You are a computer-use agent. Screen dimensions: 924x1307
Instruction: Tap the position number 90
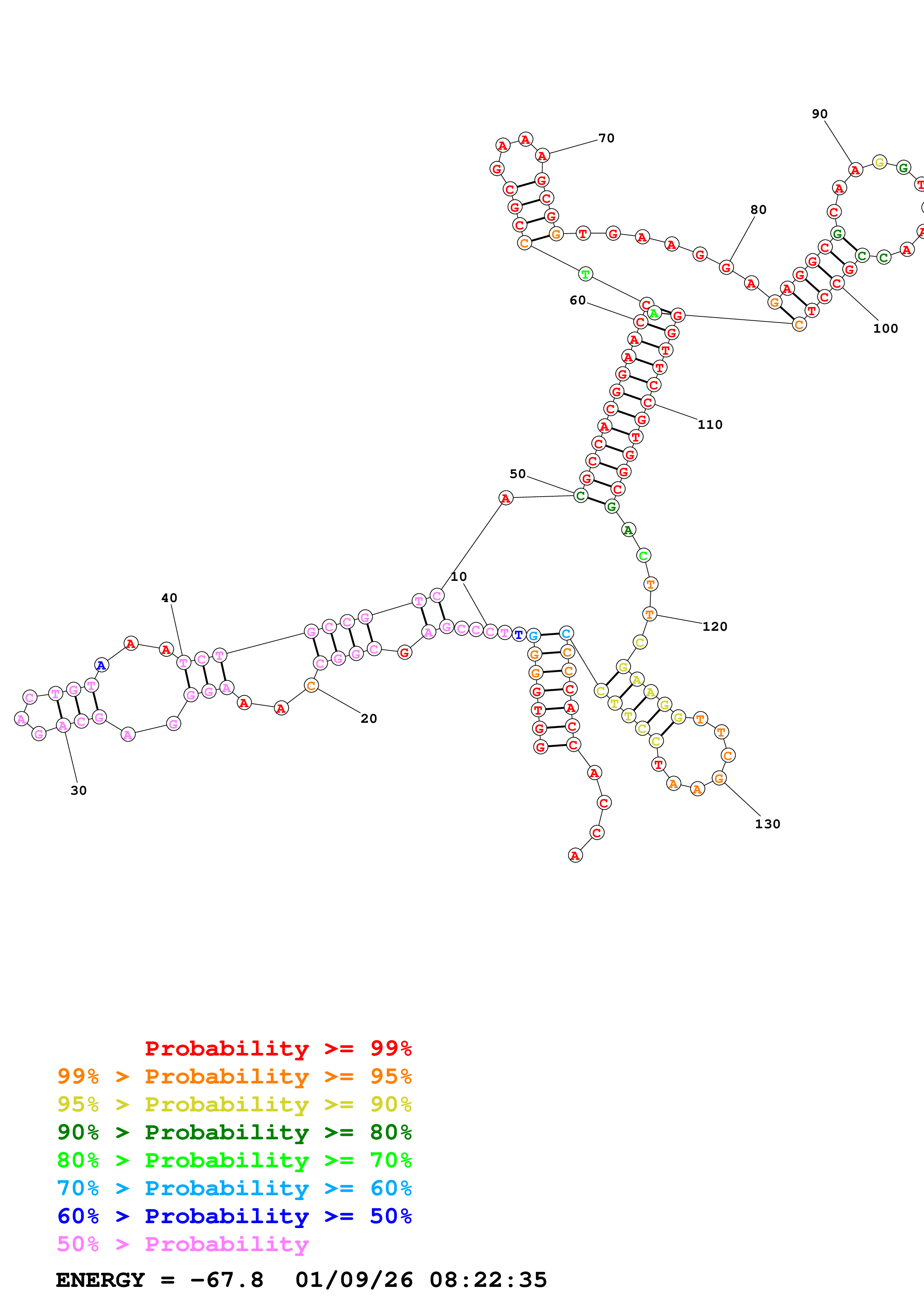819,114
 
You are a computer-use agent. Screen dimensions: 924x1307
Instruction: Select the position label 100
885,329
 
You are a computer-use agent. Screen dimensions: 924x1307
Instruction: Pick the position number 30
79,790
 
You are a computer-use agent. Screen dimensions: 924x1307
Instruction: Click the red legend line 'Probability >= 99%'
278,1048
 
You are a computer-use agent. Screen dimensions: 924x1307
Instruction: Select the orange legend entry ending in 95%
234,1076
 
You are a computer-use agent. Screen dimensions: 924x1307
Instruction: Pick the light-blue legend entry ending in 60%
234,1188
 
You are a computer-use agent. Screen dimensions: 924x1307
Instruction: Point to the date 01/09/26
354,1280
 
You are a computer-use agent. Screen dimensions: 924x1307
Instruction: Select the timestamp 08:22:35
488,1280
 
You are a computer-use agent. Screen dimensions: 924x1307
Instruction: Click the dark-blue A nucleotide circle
101,665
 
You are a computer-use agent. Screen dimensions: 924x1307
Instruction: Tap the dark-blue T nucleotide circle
518,634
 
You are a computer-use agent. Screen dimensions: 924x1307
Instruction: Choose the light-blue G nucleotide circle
533,635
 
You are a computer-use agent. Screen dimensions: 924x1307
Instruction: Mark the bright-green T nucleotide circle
585,274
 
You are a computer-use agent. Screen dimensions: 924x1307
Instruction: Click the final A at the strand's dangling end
575,855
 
